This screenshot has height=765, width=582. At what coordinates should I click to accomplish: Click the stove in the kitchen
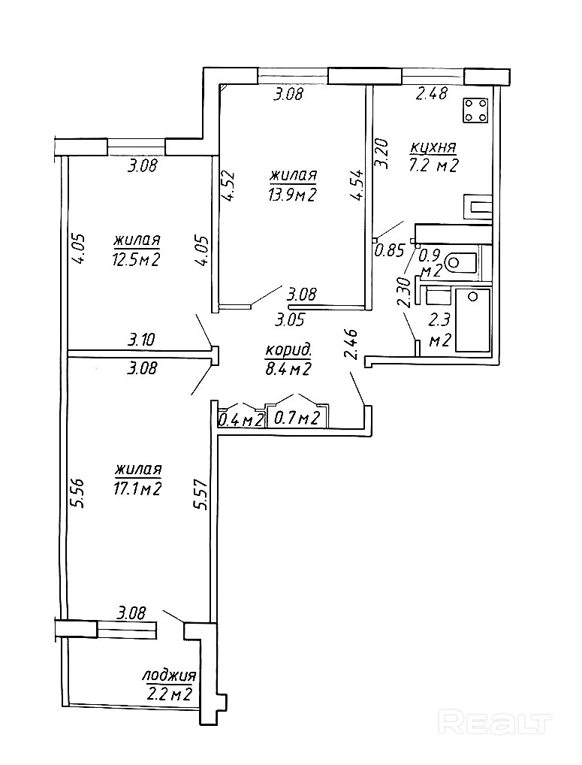[x=475, y=110]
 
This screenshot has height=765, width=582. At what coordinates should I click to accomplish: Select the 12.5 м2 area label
[x=137, y=260]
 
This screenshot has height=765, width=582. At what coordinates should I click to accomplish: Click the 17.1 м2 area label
[x=138, y=489]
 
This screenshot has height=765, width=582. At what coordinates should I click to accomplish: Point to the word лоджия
[x=170, y=675]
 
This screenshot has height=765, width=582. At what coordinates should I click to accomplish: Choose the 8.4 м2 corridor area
[x=288, y=368]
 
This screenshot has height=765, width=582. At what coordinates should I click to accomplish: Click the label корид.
[x=288, y=350]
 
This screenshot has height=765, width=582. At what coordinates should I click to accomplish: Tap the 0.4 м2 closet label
[x=240, y=419]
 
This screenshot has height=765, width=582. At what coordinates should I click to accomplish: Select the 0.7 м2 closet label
[x=297, y=418]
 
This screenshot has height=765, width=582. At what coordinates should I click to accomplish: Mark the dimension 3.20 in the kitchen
[x=381, y=153]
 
